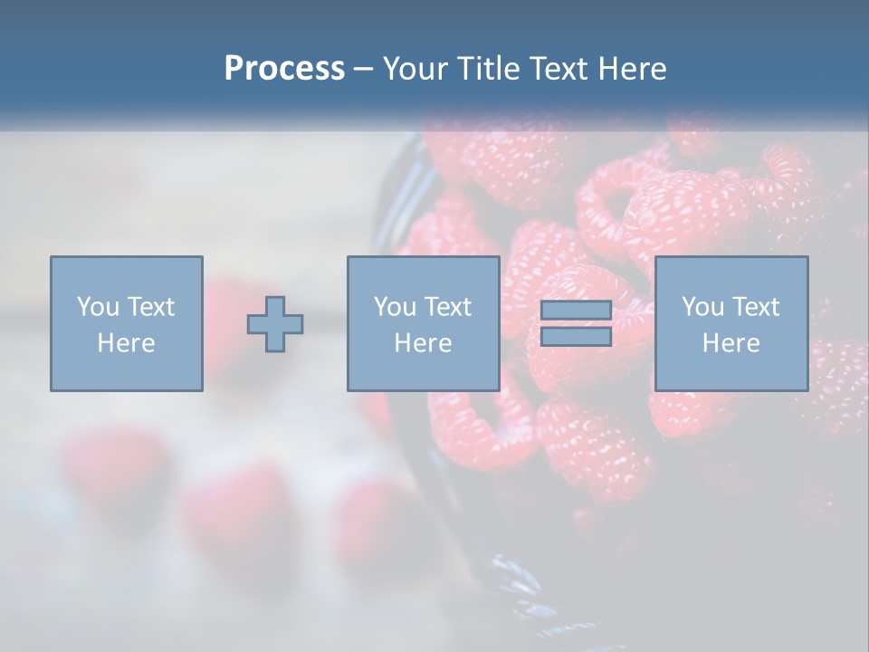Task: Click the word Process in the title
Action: tap(284, 69)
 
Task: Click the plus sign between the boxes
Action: tap(275, 324)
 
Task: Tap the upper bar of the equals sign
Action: tap(576, 311)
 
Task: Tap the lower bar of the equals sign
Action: tap(576, 337)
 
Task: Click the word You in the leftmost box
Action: tap(98, 307)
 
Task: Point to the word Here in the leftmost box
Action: tap(126, 343)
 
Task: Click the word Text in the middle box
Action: tap(446, 307)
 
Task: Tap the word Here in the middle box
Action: tap(423, 343)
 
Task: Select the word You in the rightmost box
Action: tap(702, 307)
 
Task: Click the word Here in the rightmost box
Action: tap(731, 343)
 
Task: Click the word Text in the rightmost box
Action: tap(754, 307)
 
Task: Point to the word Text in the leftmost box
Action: tap(149, 307)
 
